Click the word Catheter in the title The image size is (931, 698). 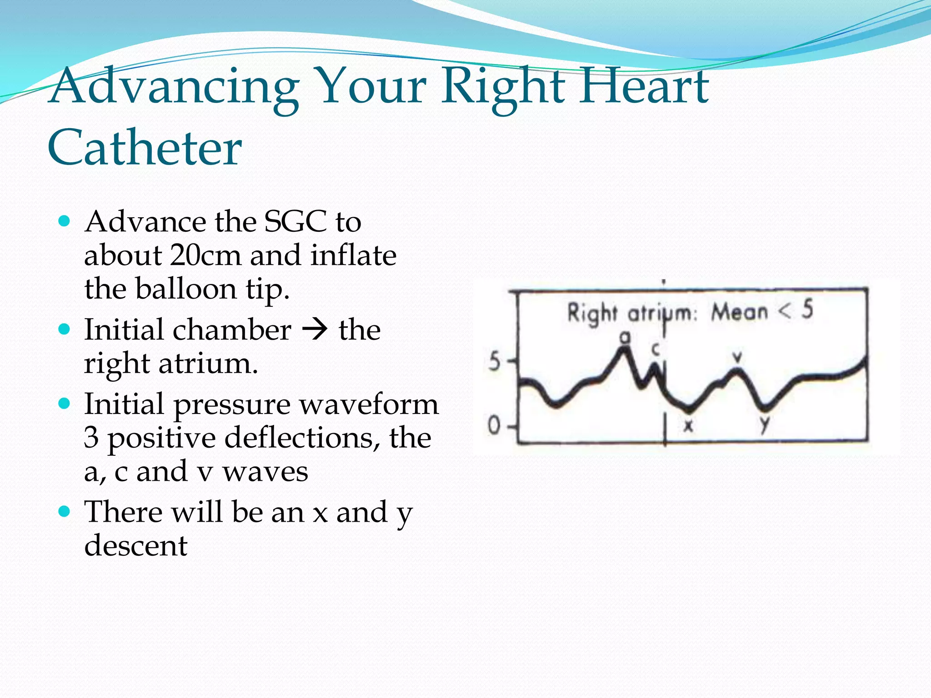tap(145, 148)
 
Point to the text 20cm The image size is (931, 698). tap(205, 255)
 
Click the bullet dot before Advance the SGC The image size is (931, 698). tap(65, 221)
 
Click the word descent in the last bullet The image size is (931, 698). tap(135, 545)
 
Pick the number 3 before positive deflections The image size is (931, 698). tap(91, 438)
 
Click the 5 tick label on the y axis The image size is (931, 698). tap(494, 362)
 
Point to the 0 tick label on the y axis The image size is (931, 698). tap(494, 426)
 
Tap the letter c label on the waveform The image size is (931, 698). tap(656, 349)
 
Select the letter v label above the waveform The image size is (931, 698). tap(738, 357)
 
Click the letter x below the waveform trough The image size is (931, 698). tap(689, 425)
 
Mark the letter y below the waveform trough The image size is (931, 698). tap(765, 424)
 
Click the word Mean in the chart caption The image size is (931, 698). tap(740, 312)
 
